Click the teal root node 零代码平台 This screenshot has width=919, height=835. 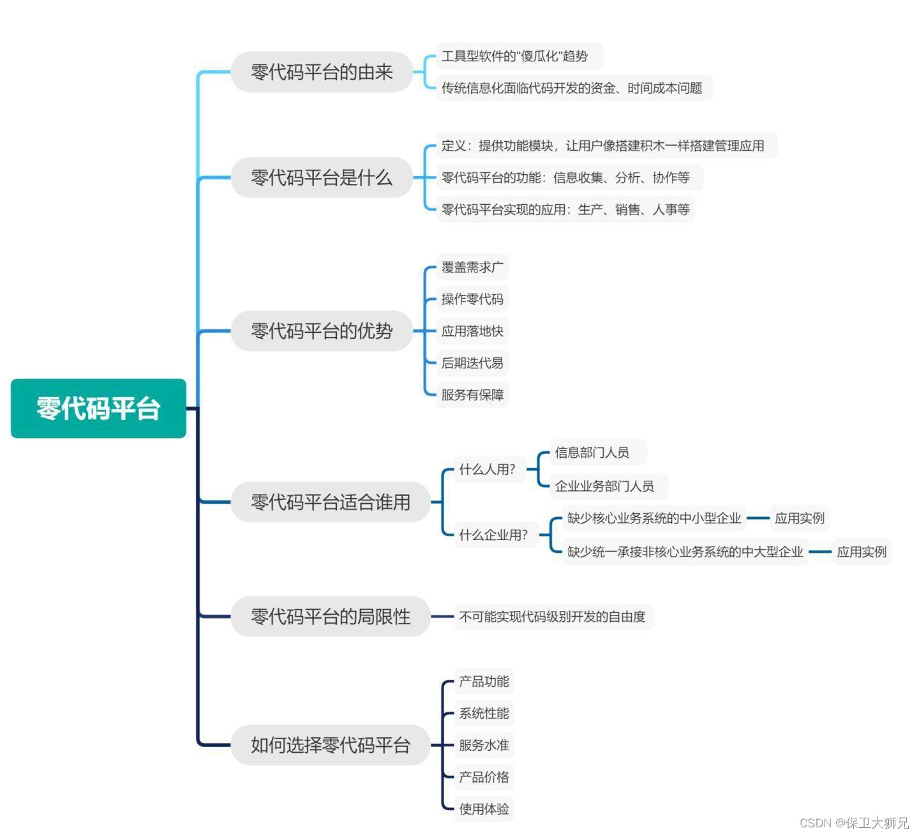(x=98, y=409)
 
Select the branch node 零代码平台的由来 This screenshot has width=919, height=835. (x=322, y=72)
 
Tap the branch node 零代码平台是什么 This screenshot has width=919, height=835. (x=322, y=177)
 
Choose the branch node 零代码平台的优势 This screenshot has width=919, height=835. (x=322, y=331)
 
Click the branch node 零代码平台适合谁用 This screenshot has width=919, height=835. (x=330, y=502)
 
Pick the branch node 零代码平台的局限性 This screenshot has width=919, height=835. (x=330, y=617)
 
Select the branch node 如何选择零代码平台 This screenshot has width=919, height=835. (x=330, y=745)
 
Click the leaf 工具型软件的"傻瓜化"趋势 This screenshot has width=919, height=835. (x=514, y=56)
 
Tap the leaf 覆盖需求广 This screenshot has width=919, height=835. (x=472, y=267)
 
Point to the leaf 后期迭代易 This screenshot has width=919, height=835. (x=472, y=363)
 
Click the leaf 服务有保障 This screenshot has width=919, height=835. (x=472, y=395)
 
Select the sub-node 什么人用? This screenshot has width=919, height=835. (x=488, y=470)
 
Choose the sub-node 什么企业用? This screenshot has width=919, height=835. (x=494, y=535)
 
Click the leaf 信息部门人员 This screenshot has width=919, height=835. (x=592, y=453)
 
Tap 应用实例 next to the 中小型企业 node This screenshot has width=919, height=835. (x=800, y=518)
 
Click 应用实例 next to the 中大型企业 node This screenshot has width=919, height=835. (x=862, y=552)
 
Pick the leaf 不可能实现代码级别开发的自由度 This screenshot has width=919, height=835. (x=553, y=617)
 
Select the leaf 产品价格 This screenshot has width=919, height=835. (x=484, y=777)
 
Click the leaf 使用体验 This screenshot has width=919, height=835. (x=484, y=809)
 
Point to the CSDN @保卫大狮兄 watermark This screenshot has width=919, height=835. (x=854, y=823)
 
